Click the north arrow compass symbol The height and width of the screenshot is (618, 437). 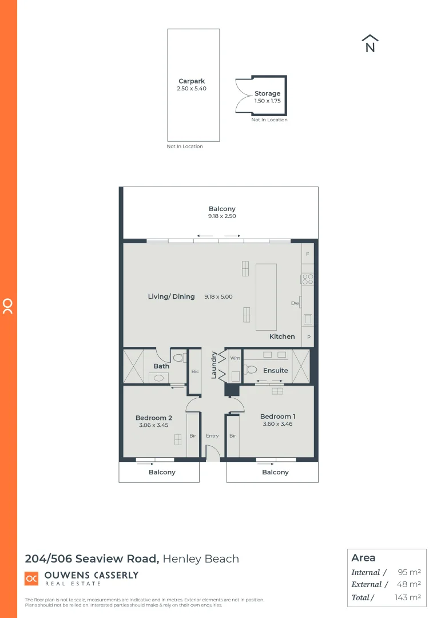click(x=370, y=44)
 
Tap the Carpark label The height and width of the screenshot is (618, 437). click(x=191, y=81)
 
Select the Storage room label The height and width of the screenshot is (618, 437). click(x=267, y=93)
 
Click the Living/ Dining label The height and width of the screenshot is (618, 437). click(x=171, y=296)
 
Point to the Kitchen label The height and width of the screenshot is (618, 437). click(x=282, y=336)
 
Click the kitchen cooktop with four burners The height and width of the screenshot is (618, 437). click(x=308, y=279)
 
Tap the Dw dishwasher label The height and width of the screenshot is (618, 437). click(x=295, y=303)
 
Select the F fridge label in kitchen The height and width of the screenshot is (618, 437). click(x=308, y=253)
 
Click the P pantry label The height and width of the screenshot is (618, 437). click(x=309, y=337)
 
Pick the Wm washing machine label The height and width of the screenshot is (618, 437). click(x=235, y=358)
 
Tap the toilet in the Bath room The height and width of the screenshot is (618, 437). click(x=178, y=358)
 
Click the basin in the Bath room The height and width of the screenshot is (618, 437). click(x=158, y=377)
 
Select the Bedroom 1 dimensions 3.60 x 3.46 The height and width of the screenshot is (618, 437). click(x=277, y=424)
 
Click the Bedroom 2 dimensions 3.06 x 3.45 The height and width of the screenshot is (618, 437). click(x=153, y=425)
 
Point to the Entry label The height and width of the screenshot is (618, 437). click(x=212, y=436)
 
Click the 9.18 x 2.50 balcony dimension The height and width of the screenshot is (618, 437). click(x=222, y=216)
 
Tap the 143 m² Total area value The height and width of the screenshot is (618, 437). click(x=408, y=597)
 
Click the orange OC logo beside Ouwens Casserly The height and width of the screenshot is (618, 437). click(x=31, y=579)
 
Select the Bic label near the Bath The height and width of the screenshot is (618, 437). click(x=195, y=371)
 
